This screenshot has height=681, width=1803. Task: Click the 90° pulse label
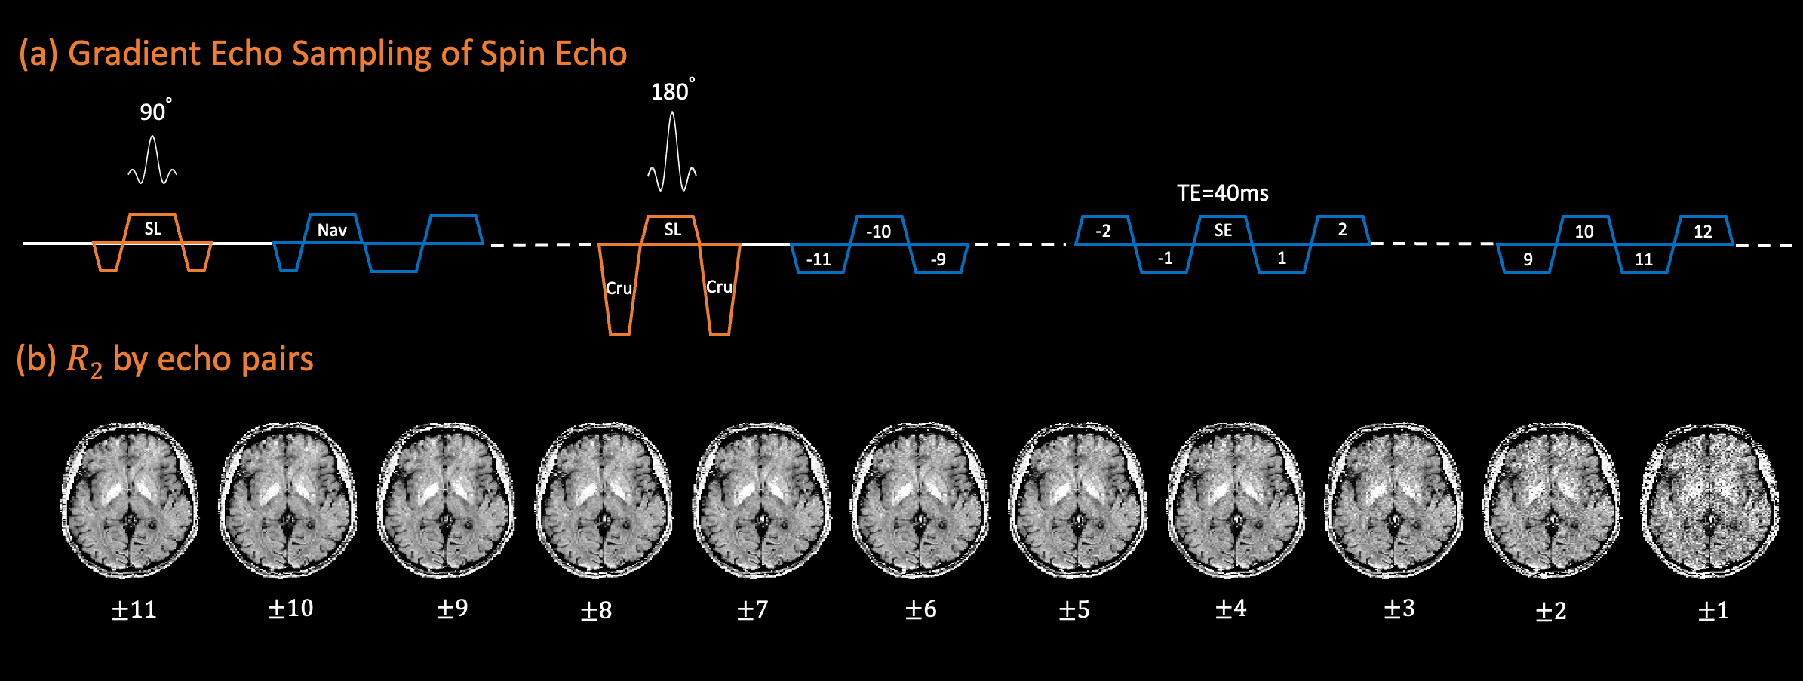155,112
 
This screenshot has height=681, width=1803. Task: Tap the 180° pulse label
671,91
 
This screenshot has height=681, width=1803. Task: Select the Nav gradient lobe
332,229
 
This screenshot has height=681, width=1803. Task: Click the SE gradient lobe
1222,230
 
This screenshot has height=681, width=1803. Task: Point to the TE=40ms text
1223,193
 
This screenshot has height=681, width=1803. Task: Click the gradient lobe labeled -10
878,231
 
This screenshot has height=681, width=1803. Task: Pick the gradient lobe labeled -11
819,259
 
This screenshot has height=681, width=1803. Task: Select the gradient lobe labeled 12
1703,231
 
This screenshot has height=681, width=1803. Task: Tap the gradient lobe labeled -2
1103,230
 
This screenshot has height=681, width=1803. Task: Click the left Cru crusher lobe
619,288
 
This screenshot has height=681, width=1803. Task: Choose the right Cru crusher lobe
719,287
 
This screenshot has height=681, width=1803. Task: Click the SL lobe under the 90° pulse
153,229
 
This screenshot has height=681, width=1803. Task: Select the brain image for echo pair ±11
130,499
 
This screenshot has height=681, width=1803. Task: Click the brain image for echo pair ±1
1710,501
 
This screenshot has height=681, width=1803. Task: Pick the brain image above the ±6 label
920,499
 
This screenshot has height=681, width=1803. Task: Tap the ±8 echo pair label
595,609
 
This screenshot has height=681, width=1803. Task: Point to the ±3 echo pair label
1399,609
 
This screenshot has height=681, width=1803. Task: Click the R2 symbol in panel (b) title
84,360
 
